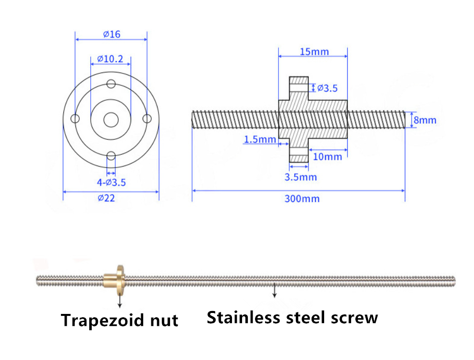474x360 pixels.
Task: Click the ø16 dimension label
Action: coord(111,35)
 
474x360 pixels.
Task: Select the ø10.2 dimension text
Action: coord(110,59)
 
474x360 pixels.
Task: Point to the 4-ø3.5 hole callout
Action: coord(111,182)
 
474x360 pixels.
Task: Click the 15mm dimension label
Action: coord(314,51)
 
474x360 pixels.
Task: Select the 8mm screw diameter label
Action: coord(425,120)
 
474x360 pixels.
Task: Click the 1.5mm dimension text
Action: coord(260,139)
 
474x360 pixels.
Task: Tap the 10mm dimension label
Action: coord(327,156)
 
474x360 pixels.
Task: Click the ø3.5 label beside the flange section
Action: coord(327,88)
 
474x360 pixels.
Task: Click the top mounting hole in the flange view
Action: coord(111,84)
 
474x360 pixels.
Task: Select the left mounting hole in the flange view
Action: coord(75,119)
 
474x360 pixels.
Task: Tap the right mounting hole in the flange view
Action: coord(147,119)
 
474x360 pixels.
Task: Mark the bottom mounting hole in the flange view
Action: coord(111,156)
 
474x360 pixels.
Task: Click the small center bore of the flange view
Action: coord(111,119)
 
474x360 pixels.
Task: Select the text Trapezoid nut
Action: coord(120,320)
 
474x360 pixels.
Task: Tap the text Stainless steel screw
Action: coord(292,317)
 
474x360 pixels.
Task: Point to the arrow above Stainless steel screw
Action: coord(274,291)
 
